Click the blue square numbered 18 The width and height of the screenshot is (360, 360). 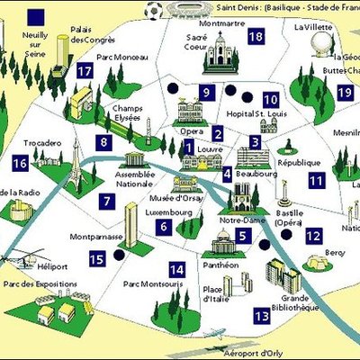(256, 35)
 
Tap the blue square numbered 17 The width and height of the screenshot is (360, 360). (85, 72)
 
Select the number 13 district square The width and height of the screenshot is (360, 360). (262, 315)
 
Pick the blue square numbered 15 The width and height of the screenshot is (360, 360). (97, 259)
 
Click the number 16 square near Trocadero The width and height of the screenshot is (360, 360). (20, 163)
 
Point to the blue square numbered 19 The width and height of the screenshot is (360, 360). (344, 92)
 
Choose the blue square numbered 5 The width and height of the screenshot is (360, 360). (243, 237)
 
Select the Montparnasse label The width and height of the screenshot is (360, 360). (95, 238)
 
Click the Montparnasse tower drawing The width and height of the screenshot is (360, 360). (131, 225)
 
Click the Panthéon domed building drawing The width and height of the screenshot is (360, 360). (221, 241)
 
